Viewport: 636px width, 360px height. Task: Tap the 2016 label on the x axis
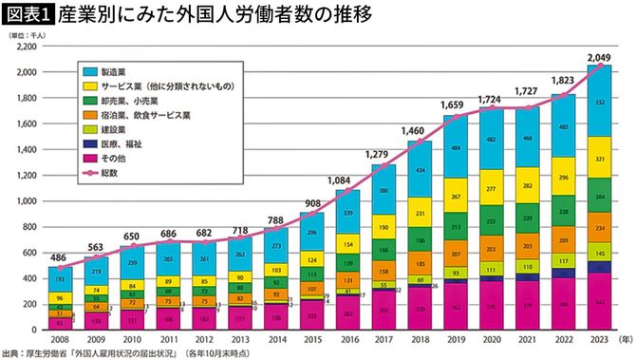[x=349, y=338]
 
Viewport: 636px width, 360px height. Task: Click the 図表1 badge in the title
[x=28, y=16]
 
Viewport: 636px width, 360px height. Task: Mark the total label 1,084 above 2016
[x=349, y=180]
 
